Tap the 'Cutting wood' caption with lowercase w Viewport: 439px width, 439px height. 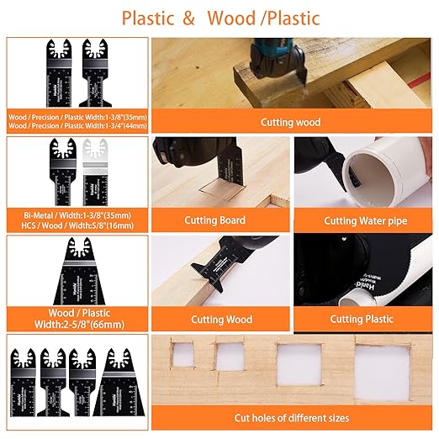click(290, 122)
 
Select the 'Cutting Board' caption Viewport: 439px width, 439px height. click(214, 220)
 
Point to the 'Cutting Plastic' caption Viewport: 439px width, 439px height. click(362, 319)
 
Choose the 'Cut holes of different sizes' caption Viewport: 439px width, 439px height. click(292, 418)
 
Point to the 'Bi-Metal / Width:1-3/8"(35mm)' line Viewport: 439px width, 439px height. click(77, 215)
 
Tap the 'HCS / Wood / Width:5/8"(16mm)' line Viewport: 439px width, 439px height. click(77, 226)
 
